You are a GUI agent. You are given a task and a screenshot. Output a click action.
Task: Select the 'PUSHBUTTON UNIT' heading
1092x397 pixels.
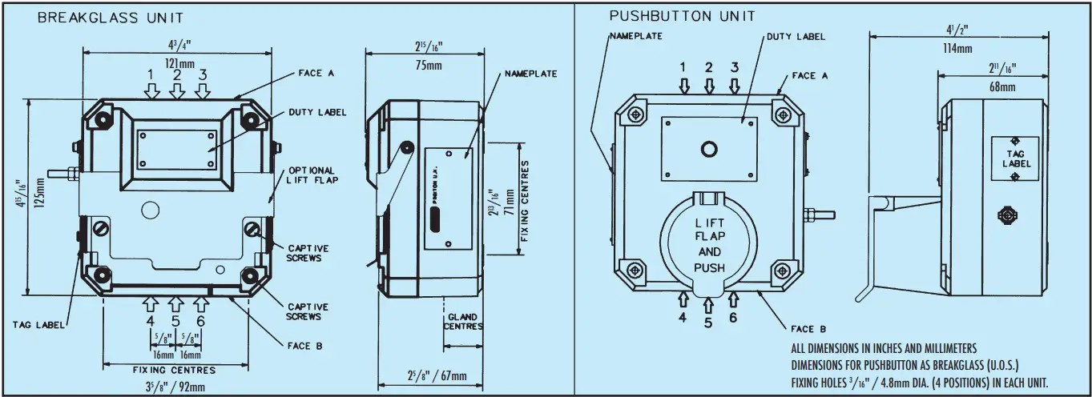point(682,16)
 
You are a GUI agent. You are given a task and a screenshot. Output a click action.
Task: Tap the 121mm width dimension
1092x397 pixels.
point(175,62)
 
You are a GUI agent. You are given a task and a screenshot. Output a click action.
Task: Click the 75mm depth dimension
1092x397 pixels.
point(425,66)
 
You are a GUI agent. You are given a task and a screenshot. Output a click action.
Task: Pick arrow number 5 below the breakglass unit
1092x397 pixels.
point(175,304)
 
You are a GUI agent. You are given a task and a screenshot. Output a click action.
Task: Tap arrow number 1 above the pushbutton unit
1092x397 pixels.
point(683,85)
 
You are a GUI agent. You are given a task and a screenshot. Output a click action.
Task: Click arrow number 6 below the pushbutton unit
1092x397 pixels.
point(734,299)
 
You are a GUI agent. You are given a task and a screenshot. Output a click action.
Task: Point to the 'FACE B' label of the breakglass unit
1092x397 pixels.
point(304,347)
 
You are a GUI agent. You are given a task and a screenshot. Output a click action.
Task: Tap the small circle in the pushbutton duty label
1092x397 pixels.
point(708,149)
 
